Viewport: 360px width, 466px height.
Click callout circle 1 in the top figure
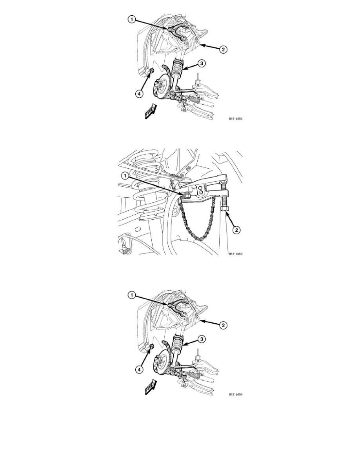tap(132, 20)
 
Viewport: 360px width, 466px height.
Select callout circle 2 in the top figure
tap(224, 50)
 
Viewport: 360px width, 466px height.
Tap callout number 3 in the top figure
tap(202, 63)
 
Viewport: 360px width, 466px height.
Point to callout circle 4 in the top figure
tap(139, 94)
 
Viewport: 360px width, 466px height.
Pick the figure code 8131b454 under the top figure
tap(236, 119)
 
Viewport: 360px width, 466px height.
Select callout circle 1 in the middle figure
tap(125, 176)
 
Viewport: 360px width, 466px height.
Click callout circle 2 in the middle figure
tap(236, 230)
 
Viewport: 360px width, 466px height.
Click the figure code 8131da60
tap(236, 254)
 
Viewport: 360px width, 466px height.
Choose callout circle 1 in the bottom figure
tap(132, 295)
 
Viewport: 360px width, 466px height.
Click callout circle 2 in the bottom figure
tap(224, 325)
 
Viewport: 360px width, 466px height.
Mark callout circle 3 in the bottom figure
tap(202, 339)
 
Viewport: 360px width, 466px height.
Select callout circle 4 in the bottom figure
tap(139, 369)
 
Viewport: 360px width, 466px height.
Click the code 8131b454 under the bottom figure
tap(236, 394)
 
